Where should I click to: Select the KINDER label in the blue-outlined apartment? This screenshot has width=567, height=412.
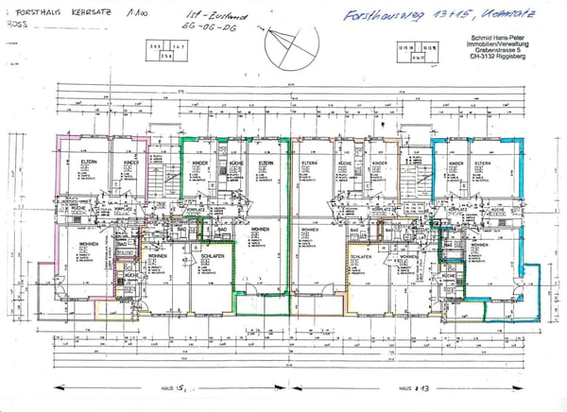pyautogui.click(x=455, y=162)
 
